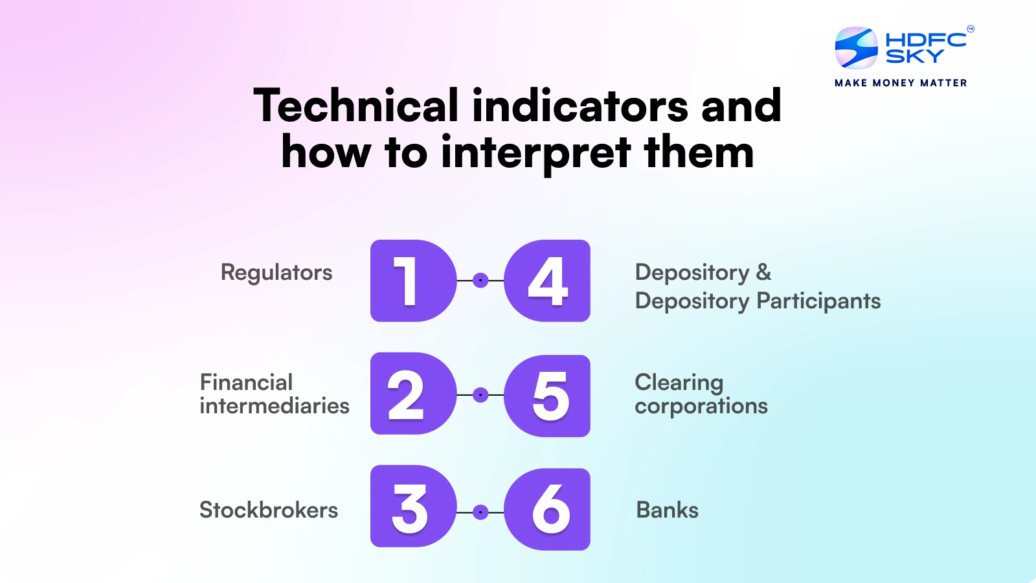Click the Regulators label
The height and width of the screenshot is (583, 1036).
[x=276, y=273]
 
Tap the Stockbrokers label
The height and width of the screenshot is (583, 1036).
[x=269, y=510]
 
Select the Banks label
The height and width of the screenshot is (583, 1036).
[x=668, y=510]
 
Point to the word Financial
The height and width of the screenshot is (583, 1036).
[x=246, y=382]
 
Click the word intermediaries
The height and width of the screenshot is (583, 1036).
[x=275, y=406]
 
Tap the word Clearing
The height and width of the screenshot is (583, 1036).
[x=679, y=383]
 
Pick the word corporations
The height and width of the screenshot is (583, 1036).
[x=701, y=406]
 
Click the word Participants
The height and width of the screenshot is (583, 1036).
[x=818, y=301]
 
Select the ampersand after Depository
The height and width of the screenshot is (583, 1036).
[x=764, y=272]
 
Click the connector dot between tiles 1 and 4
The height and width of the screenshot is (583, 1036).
[x=480, y=280]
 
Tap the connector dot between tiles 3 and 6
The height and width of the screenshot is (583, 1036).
[x=480, y=512]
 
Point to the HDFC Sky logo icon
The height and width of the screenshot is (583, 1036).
[x=856, y=48]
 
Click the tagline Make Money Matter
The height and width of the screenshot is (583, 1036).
[x=901, y=83]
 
